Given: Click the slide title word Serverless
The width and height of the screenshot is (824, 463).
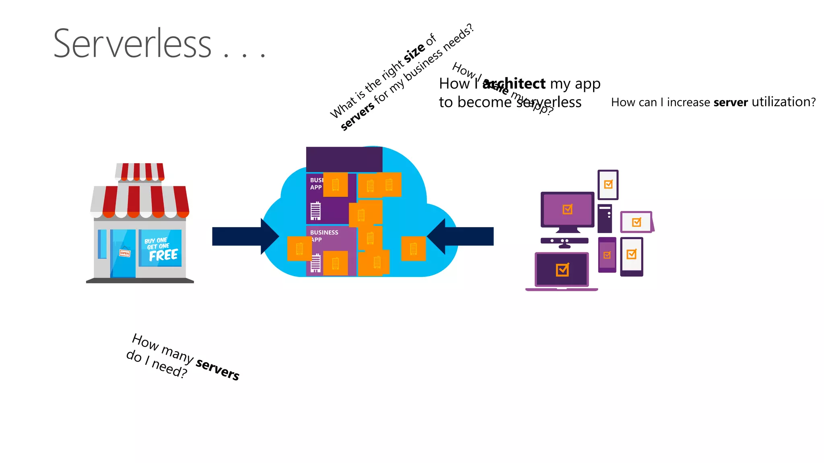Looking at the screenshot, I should (x=132, y=43).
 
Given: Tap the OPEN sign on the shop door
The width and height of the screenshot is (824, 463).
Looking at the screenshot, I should (x=125, y=253).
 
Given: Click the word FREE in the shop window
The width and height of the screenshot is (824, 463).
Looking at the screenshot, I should (x=163, y=255).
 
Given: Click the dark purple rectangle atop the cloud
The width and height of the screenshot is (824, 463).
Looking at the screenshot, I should (x=344, y=160).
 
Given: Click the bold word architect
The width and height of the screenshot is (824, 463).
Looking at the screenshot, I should (x=514, y=84).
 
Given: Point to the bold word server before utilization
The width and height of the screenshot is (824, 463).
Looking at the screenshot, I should (x=730, y=102).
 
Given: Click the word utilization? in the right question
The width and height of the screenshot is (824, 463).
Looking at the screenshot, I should (x=783, y=102).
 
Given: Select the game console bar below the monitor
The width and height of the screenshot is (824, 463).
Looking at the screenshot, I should (x=564, y=241).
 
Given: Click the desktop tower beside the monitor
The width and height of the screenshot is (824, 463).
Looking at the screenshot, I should (x=605, y=219).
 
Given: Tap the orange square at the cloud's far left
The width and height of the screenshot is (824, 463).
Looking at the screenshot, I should (x=299, y=249).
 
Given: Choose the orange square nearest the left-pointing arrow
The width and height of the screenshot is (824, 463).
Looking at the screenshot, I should (x=413, y=249).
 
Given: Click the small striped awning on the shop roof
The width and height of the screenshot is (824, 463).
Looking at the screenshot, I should (x=140, y=172).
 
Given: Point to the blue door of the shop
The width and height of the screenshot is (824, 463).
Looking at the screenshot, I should (x=123, y=253).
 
